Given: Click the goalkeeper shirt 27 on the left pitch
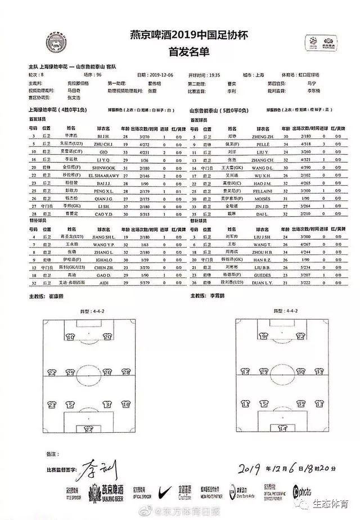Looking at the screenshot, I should click(x=88, y=428).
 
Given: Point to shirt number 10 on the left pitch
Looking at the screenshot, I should click(x=70, y=337).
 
